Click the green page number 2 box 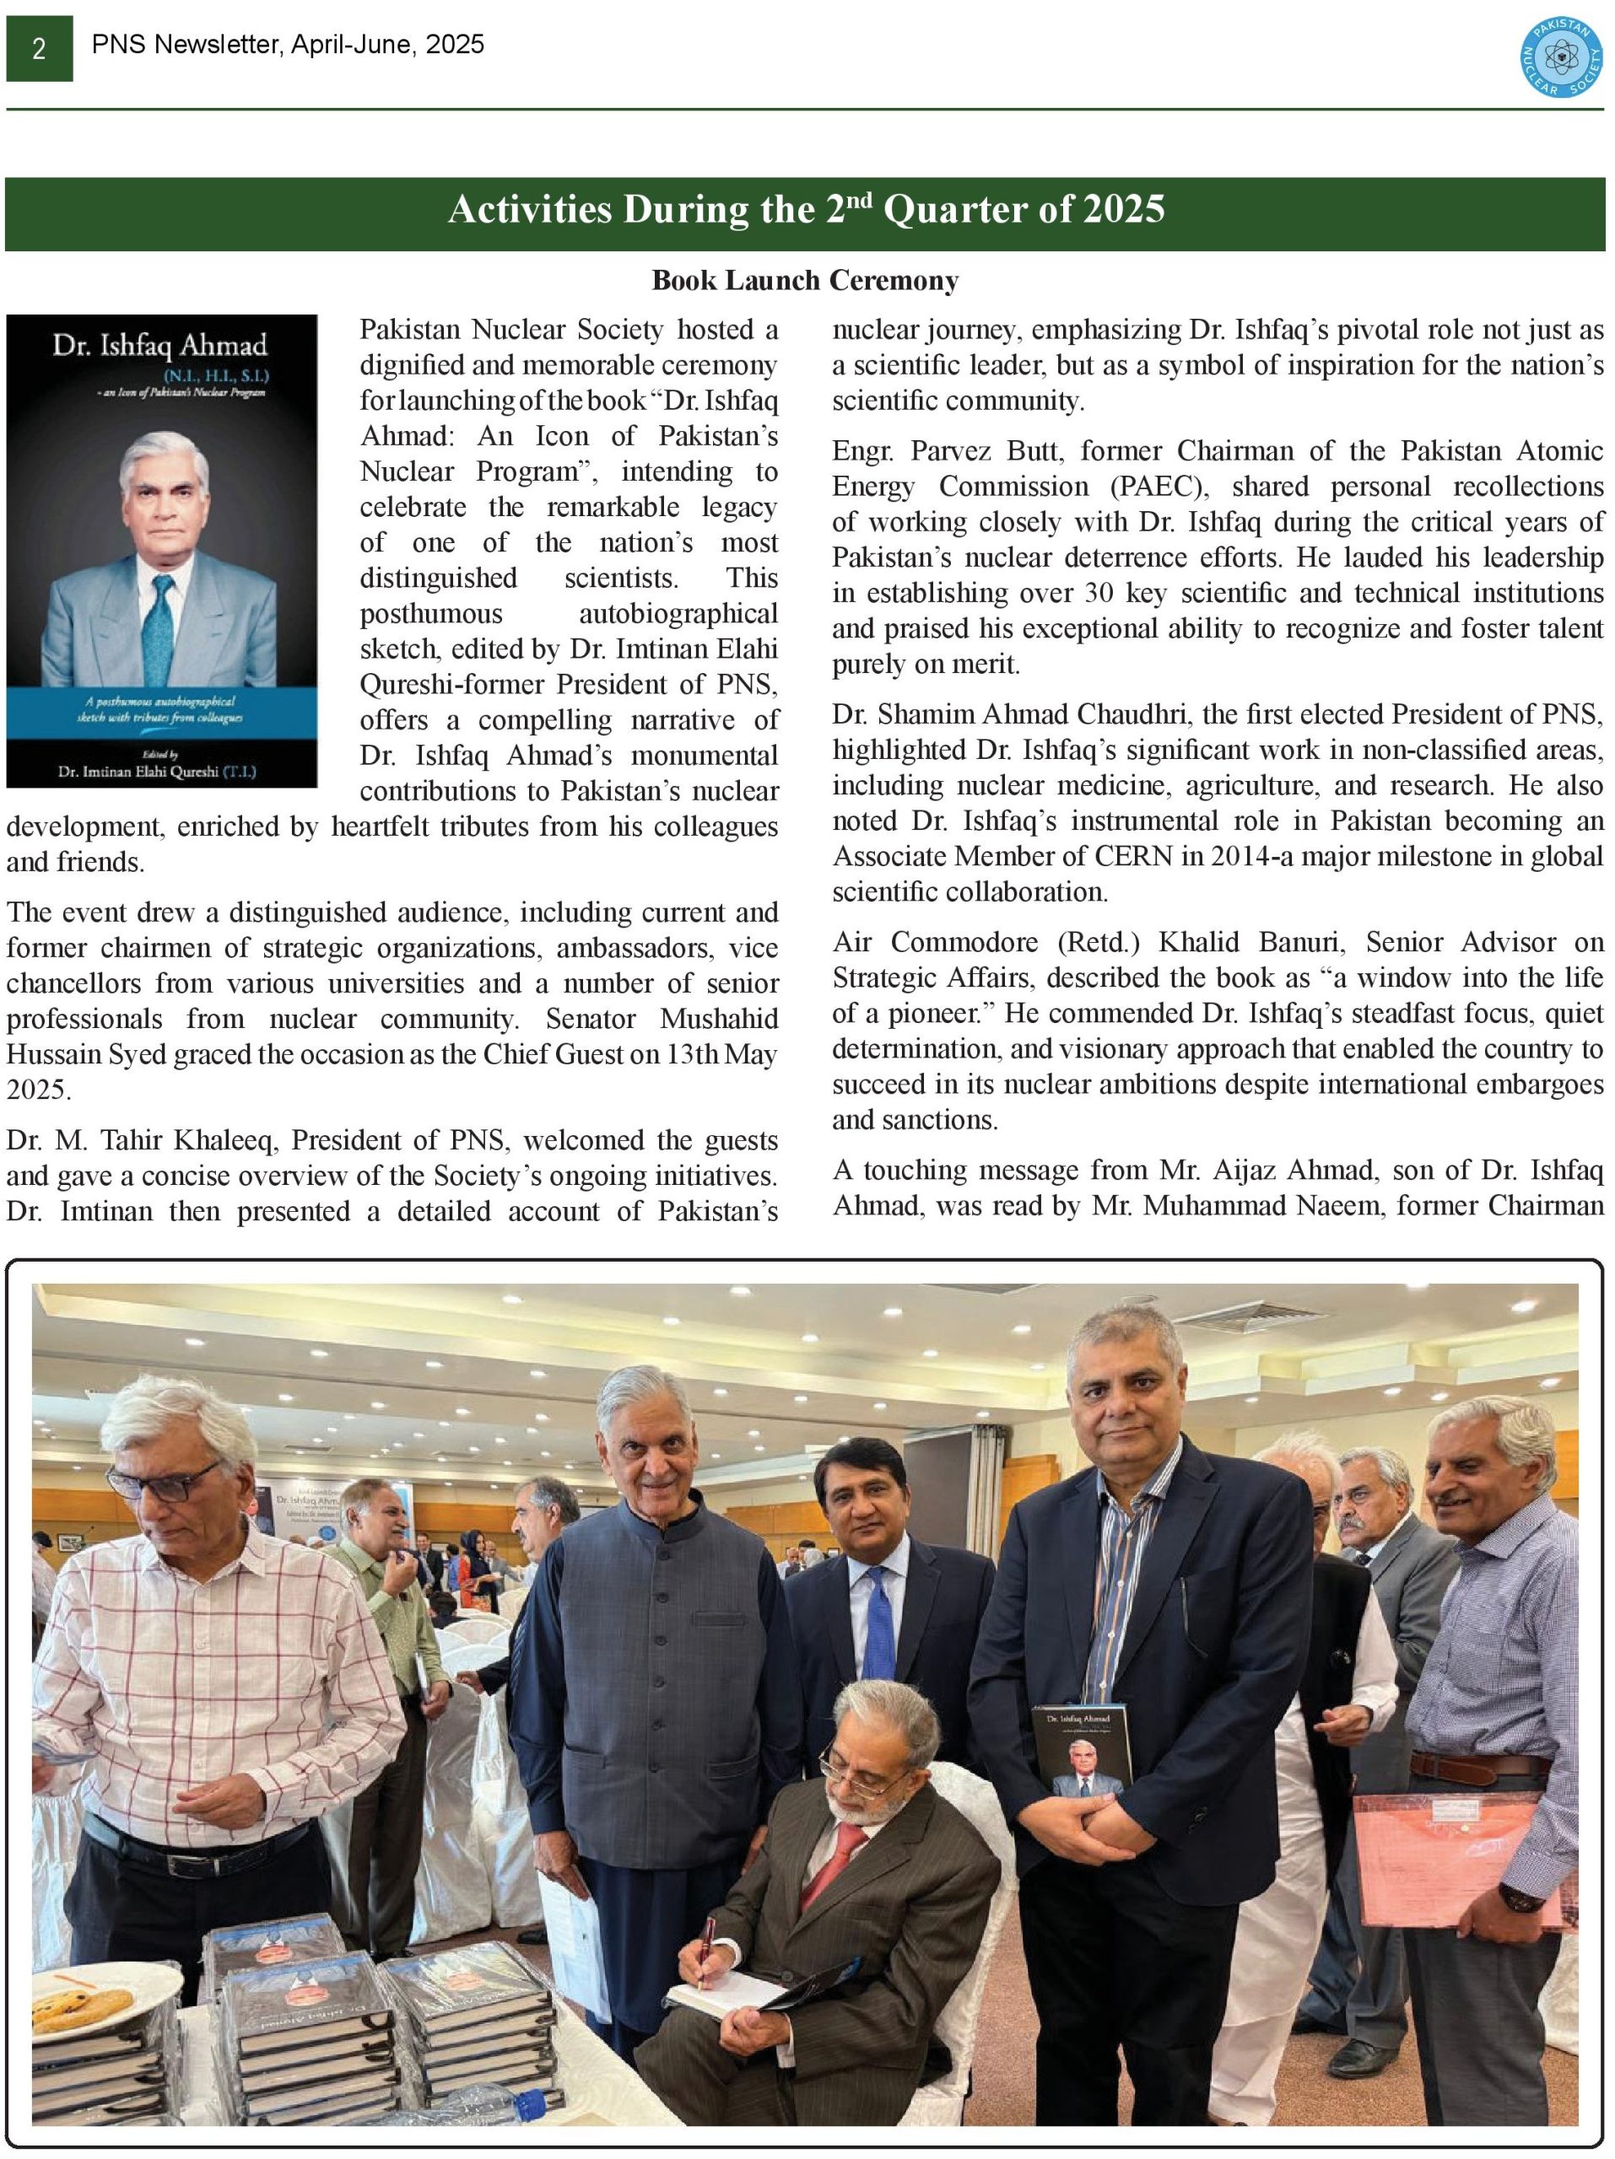[x=39, y=48]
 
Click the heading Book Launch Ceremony [x=806, y=281]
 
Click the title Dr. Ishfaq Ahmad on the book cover [x=159, y=346]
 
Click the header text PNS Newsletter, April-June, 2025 [x=288, y=45]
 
